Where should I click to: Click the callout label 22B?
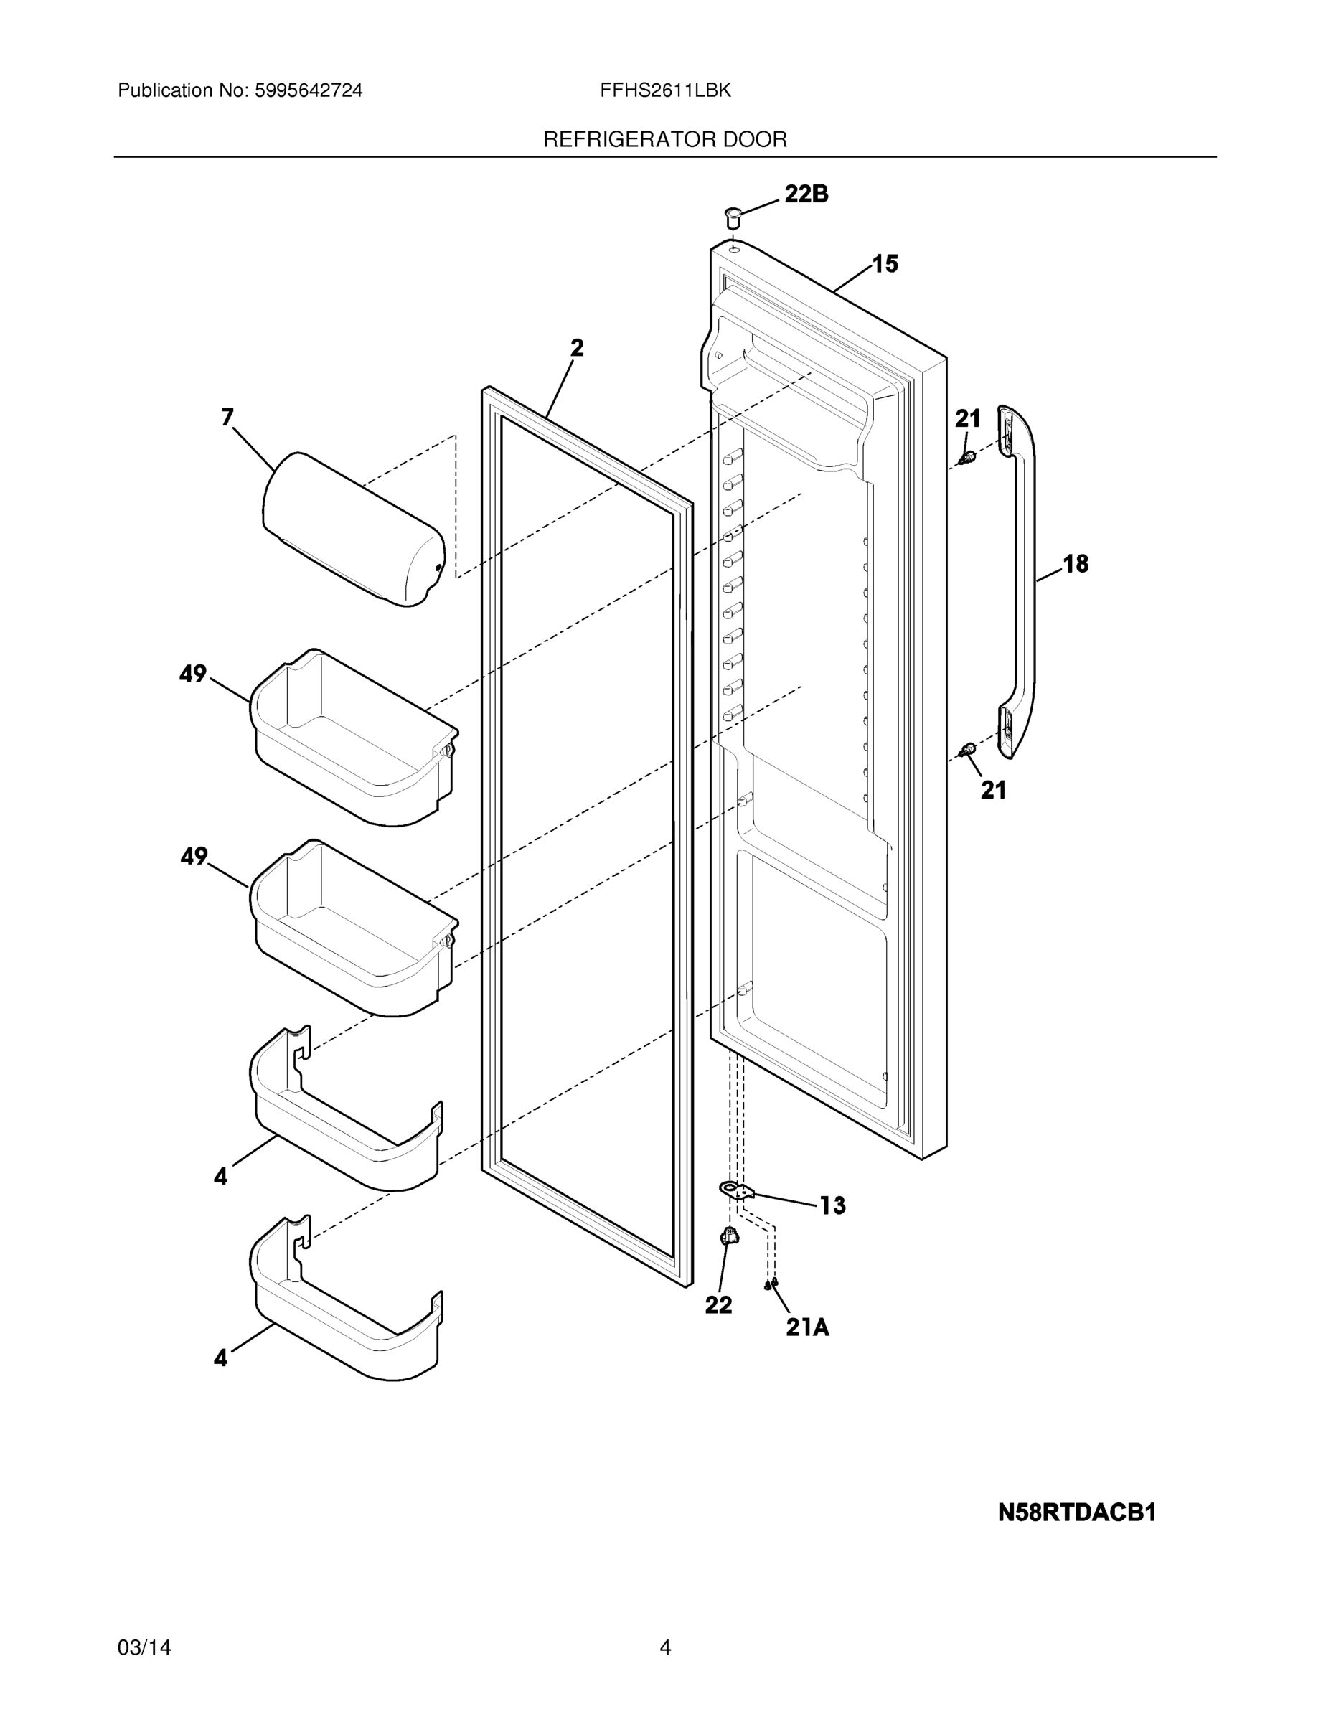click(x=806, y=194)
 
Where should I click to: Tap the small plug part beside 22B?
click(x=733, y=216)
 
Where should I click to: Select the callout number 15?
click(x=885, y=264)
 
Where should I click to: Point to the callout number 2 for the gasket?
click(x=577, y=348)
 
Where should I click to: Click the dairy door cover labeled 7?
click(x=353, y=528)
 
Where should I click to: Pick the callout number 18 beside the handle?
click(x=1076, y=564)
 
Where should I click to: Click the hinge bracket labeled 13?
click(x=735, y=1190)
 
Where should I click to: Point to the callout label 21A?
click(x=807, y=1329)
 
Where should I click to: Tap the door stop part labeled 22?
click(x=730, y=1236)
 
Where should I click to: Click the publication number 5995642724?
click(x=309, y=90)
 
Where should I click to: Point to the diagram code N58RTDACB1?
click(x=1076, y=1513)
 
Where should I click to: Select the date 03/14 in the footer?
click(x=144, y=1647)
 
